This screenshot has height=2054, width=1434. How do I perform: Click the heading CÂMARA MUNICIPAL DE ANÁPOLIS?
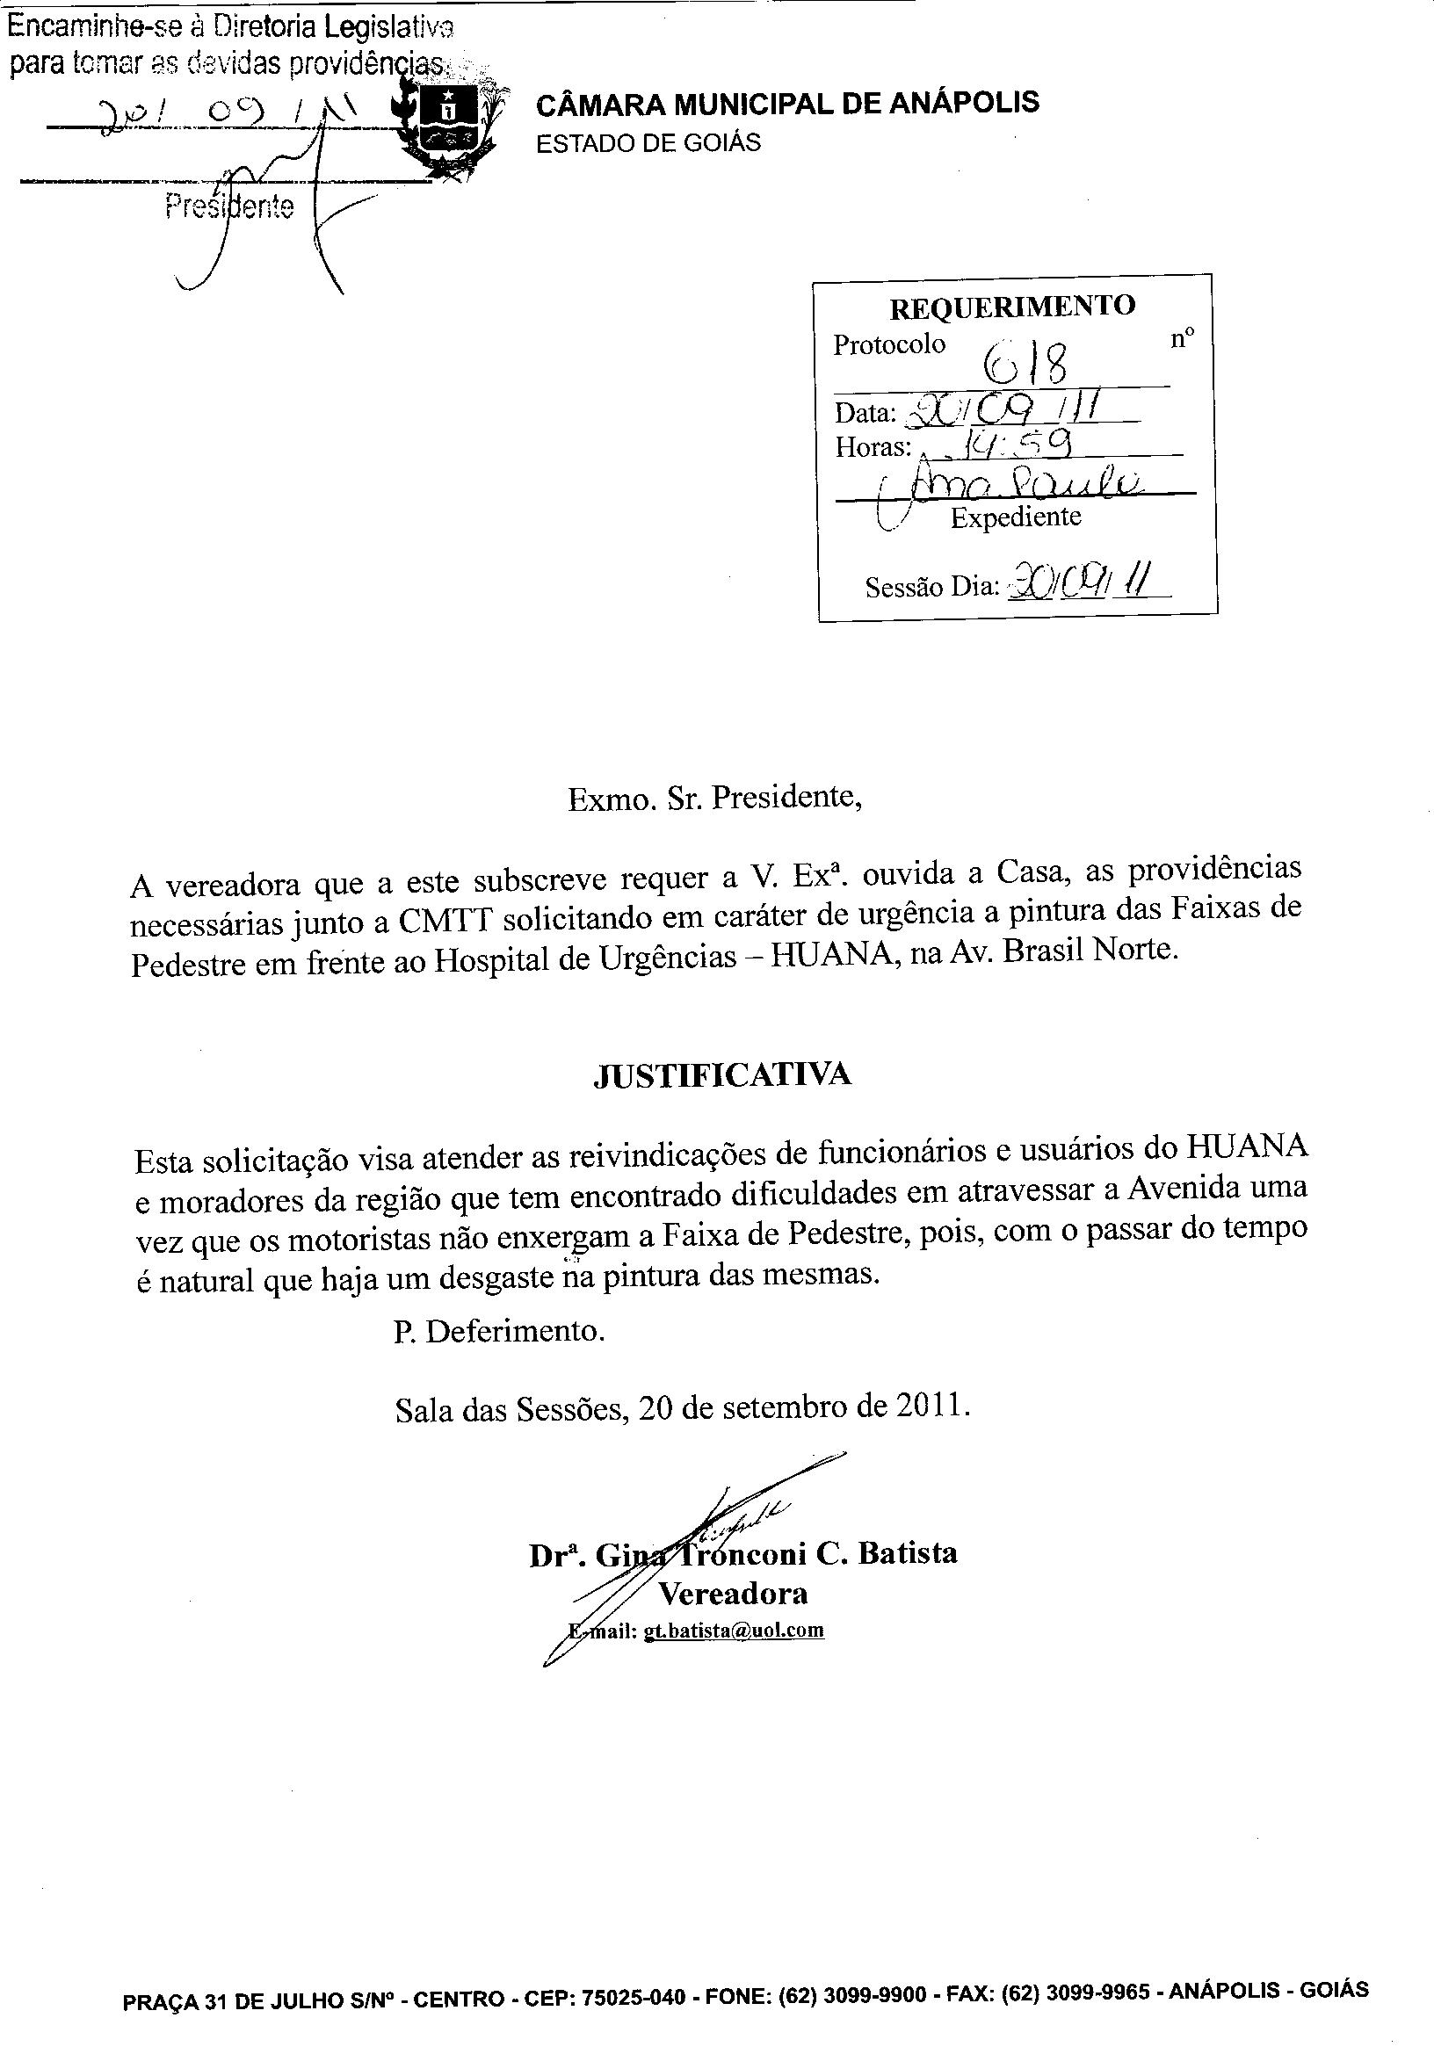coord(787,103)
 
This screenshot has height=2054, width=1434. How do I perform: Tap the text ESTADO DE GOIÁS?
coord(648,143)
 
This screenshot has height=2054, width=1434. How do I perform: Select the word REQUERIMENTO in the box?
coord(1011,307)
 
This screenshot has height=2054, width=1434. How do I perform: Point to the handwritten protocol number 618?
coord(1026,362)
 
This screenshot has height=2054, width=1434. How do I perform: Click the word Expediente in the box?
coord(1016,517)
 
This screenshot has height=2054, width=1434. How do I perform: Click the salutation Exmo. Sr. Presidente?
coord(714,797)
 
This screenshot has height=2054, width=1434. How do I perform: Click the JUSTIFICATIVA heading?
coord(723,1074)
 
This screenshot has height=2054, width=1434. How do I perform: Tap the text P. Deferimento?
coord(499,1332)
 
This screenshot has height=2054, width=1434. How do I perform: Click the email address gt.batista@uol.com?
coord(734,1631)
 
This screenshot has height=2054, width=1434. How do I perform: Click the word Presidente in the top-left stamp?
coord(230,207)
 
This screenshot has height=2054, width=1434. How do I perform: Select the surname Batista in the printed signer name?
coord(907,1553)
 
